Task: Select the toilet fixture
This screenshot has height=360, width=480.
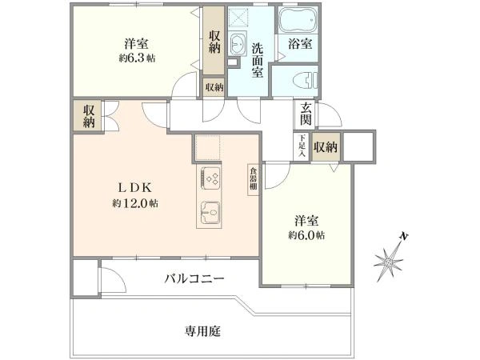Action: pyautogui.click(x=301, y=80)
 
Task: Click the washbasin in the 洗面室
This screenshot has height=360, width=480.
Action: pyautogui.click(x=238, y=43)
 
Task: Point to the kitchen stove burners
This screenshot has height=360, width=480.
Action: pyautogui.click(x=210, y=178)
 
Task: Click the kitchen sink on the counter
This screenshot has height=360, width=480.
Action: pyautogui.click(x=210, y=210)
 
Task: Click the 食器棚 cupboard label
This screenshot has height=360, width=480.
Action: pyautogui.click(x=252, y=178)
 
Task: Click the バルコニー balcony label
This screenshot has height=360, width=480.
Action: pyautogui.click(x=195, y=279)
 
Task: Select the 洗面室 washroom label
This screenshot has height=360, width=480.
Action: pyautogui.click(x=257, y=60)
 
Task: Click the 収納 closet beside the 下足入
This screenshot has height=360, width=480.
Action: pyautogui.click(x=326, y=146)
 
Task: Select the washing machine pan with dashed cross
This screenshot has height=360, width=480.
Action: pyautogui.click(x=238, y=18)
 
